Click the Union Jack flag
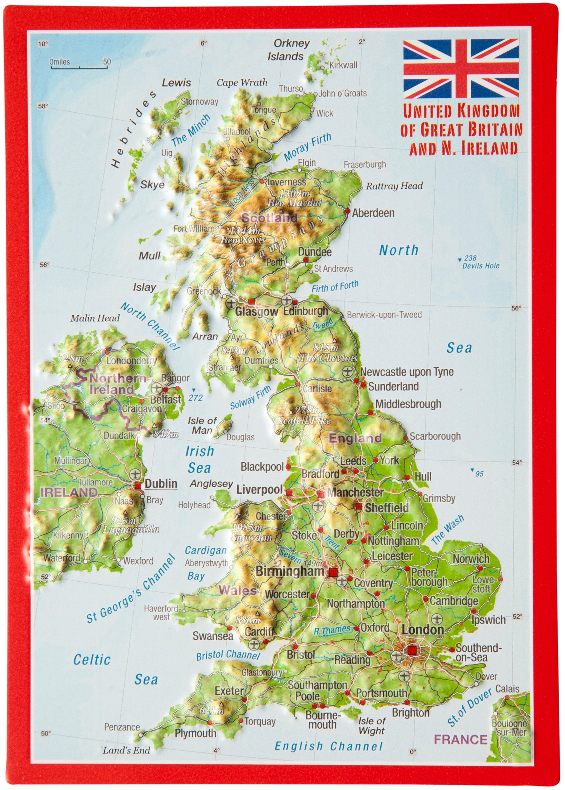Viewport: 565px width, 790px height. pos(461,69)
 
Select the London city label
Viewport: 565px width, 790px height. pos(423,630)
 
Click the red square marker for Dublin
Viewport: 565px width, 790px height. pos(138,486)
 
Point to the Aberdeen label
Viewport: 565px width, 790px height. pos(373,213)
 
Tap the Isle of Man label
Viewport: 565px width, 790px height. pos(202,425)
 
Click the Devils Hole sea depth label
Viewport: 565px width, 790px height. pos(481,266)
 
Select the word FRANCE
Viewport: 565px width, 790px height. pos(461,739)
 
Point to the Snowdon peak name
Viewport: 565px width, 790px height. pos(252,538)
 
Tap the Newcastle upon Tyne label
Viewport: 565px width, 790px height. pos(407,372)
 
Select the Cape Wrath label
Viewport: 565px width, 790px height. pos(242,83)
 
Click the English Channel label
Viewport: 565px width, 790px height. pos(328,746)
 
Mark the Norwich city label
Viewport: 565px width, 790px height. pos(471,559)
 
